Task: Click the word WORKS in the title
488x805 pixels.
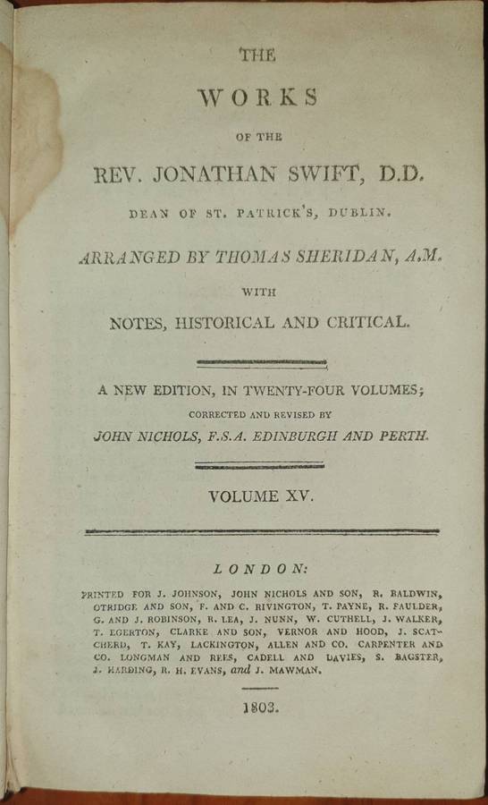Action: point(257,97)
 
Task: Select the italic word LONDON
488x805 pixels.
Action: point(260,567)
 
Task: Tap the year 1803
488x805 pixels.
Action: point(259,708)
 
